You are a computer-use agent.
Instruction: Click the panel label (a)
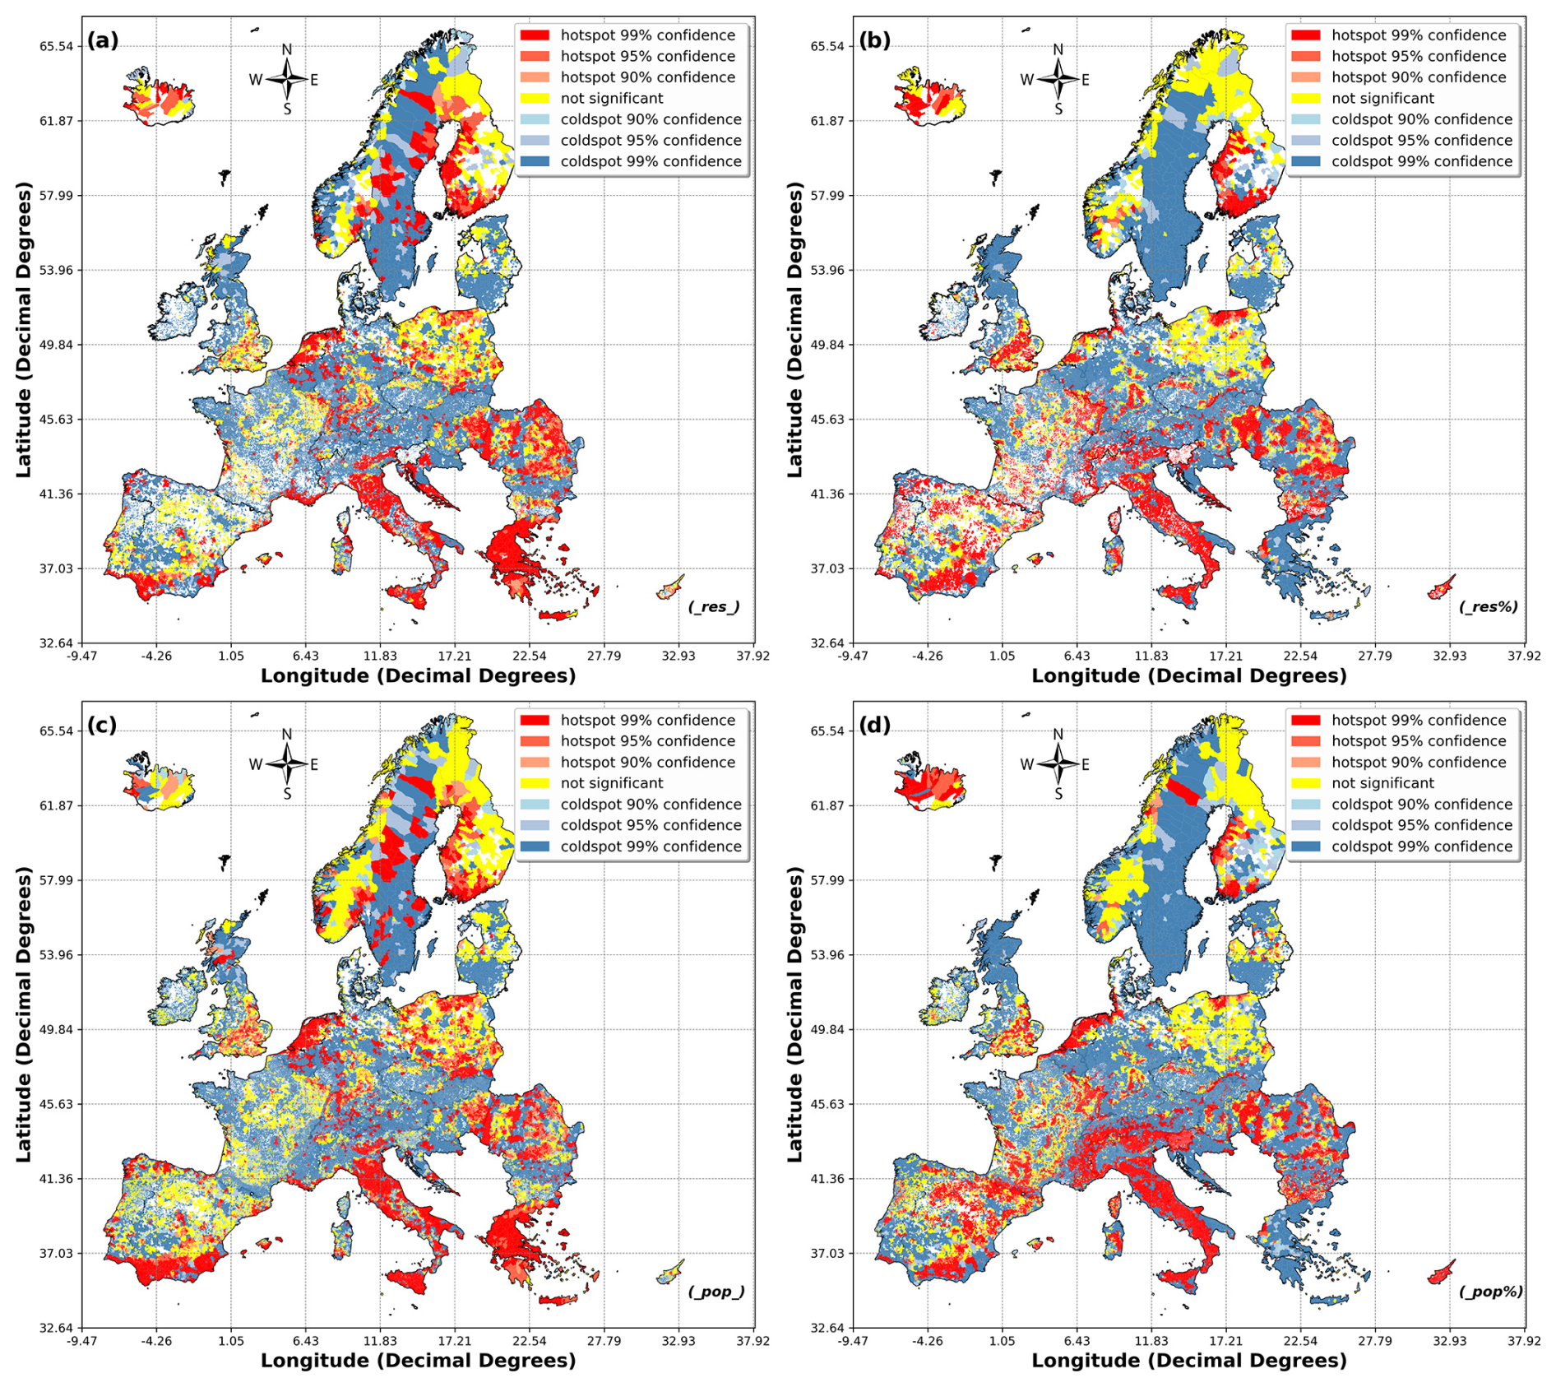(x=103, y=40)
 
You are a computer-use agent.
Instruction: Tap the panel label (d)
(x=874, y=726)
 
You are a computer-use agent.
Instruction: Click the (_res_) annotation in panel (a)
(x=714, y=607)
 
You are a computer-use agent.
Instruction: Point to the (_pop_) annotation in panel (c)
(x=715, y=1292)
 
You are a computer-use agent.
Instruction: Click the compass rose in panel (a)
(x=287, y=79)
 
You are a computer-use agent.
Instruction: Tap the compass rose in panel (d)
(x=1058, y=764)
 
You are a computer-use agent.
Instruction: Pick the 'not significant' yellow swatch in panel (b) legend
(x=1305, y=99)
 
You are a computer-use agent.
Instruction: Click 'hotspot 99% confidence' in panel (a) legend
(x=647, y=35)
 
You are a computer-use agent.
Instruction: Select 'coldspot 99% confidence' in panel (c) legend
(x=651, y=847)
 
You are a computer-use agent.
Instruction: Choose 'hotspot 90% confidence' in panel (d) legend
(x=1419, y=763)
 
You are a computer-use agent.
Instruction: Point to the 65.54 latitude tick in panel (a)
(x=56, y=46)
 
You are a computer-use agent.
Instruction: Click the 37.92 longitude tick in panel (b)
(x=1524, y=656)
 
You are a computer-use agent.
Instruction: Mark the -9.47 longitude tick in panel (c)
(x=81, y=1341)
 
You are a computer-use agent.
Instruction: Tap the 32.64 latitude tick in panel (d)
(x=827, y=1328)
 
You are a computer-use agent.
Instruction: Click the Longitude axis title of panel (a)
(x=418, y=676)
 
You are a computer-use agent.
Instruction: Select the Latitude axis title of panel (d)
(x=794, y=1014)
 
